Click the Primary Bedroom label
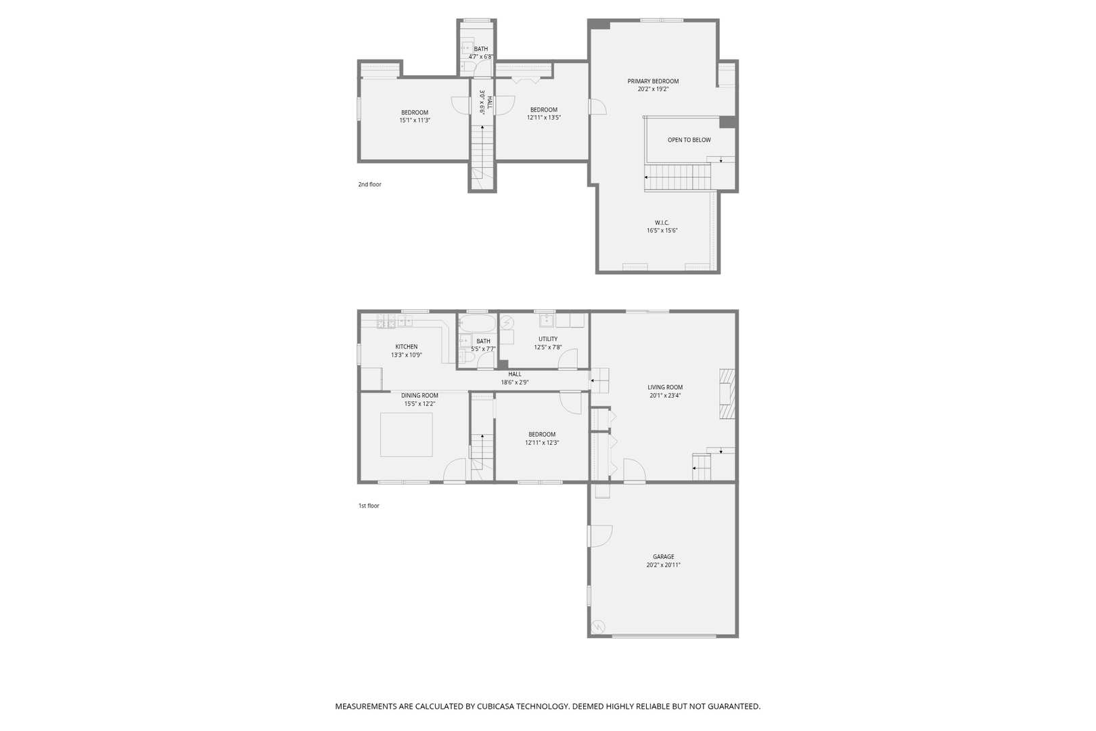pos(652,81)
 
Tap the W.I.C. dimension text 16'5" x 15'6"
pos(662,231)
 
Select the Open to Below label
pos(689,140)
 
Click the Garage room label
pos(663,557)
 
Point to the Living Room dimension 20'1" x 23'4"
pos(665,396)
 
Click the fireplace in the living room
pos(727,394)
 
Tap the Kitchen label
pos(407,347)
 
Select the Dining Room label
pos(419,396)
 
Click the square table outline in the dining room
pos(406,435)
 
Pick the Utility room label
pos(548,340)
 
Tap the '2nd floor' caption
pos(370,185)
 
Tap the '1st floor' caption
pos(369,506)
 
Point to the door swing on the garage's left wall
pos(601,536)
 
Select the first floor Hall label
pos(515,374)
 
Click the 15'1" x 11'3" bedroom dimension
pos(415,120)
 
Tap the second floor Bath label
pos(480,49)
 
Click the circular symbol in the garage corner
pos(597,627)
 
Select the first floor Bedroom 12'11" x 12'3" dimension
pos(542,443)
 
